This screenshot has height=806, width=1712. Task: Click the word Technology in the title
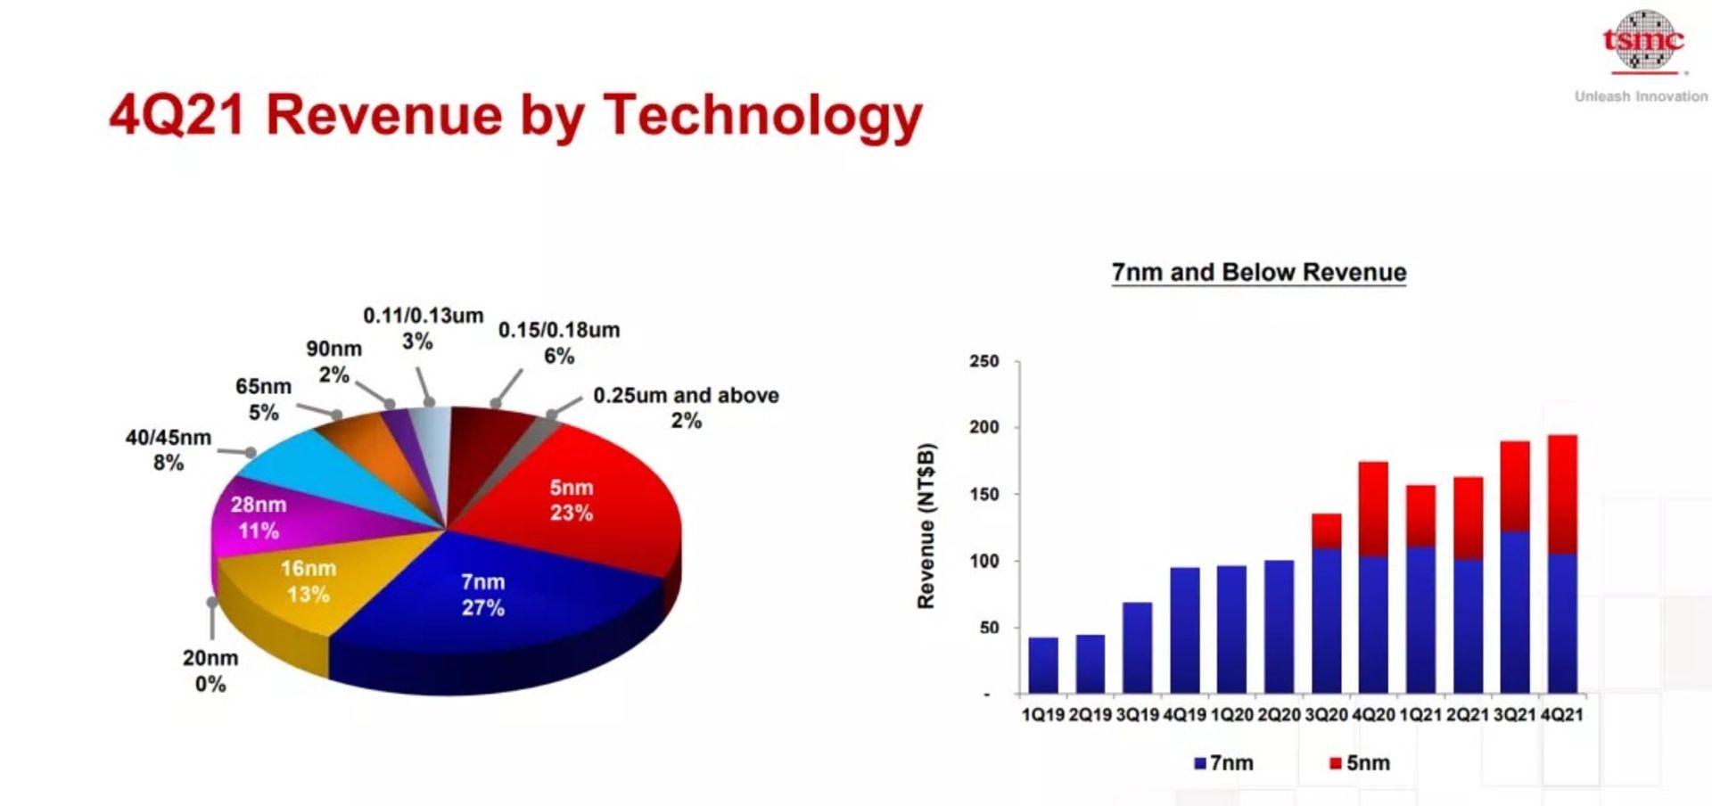(x=762, y=116)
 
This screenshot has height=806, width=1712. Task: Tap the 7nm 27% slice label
(x=482, y=595)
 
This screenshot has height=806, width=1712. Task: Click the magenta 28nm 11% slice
(x=258, y=518)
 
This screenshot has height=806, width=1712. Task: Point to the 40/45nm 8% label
(x=169, y=449)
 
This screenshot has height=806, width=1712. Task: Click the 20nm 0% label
(x=210, y=670)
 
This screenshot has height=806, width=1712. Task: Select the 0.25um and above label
(x=686, y=407)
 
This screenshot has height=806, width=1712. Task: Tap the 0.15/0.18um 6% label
(x=559, y=342)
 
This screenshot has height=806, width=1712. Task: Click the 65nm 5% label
(x=263, y=399)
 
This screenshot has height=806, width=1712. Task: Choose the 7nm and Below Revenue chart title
(x=1258, y=272)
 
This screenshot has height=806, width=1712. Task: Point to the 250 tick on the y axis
(x=984, y=361)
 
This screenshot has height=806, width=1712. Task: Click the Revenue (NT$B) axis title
(x=926, y=526)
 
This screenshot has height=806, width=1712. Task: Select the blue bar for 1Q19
(x=1042, y=665)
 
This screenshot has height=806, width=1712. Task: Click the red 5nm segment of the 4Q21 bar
(x=1562, y=493)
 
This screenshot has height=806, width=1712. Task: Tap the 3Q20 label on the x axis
(x=1326, y=715)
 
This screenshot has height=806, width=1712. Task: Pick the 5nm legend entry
(x=1360, y=763)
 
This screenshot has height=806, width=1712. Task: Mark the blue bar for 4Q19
(x=1184, y=629)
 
